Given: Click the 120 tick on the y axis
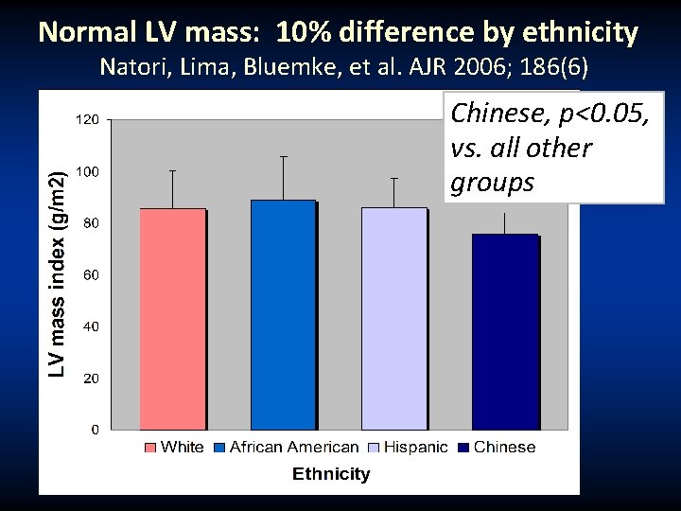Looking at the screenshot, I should (x=87, y=120).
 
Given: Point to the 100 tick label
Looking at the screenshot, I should (x=87, y=172).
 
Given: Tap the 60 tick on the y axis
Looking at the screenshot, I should (x=90, y=275).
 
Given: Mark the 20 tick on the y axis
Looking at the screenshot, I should (x=90, y=379).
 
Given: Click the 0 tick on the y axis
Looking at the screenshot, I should (x=94, y=430).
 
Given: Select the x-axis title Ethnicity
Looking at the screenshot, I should (x=331, y=473).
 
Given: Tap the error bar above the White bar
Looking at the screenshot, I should (x=173, y=188).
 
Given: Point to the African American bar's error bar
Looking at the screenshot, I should (x=283, y=177).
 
